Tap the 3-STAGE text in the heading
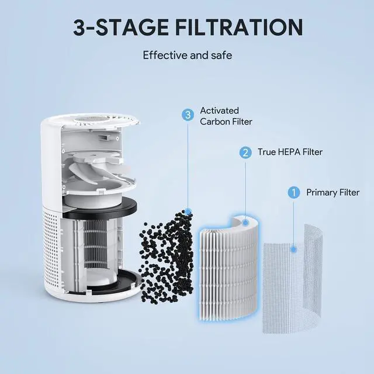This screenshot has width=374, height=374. click(x=120, y=27)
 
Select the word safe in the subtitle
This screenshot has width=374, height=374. click(x=220, y=56)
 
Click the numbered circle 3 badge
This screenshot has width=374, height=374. click(x=188, y=115)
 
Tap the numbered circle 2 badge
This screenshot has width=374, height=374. click(x=245, y=153)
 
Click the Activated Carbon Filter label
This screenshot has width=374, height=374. click(x=218, y=116)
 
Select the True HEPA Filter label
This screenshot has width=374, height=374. click(x=290, y=153)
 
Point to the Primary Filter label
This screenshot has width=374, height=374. click(x=333, y=192)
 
